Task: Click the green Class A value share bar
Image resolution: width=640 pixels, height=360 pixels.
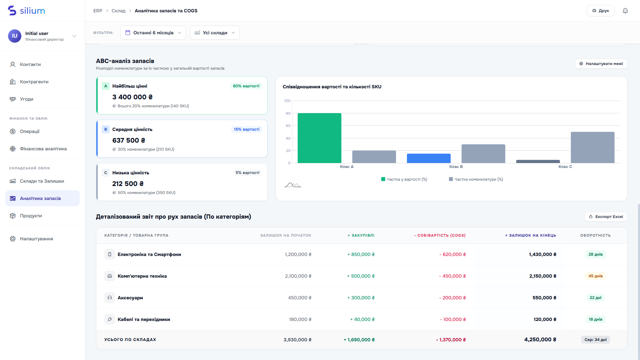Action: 319,138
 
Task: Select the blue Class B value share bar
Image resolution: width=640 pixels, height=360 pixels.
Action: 429,158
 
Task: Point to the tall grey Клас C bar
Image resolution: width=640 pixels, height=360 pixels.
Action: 593,147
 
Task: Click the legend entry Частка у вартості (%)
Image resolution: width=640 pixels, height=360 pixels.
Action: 404,179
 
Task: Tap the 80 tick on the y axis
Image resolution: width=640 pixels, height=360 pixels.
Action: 288,113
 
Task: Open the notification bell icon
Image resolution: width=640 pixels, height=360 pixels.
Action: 625,11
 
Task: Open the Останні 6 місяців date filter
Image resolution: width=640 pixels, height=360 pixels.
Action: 153,33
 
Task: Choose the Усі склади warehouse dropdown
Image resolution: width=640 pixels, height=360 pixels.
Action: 215,33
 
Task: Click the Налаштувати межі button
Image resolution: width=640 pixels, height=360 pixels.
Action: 601,64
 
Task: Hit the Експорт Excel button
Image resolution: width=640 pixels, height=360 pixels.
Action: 606,217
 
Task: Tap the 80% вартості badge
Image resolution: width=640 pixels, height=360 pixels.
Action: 246,86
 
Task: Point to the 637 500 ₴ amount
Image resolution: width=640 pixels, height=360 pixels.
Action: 129,140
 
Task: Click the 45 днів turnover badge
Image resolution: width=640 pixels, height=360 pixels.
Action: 595,276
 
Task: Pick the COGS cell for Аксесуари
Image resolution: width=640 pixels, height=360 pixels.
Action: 452,298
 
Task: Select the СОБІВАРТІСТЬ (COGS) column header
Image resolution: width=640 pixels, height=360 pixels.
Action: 440,235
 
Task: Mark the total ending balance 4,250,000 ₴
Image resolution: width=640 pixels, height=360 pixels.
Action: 540,339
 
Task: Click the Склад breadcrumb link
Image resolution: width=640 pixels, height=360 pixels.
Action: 118,11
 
